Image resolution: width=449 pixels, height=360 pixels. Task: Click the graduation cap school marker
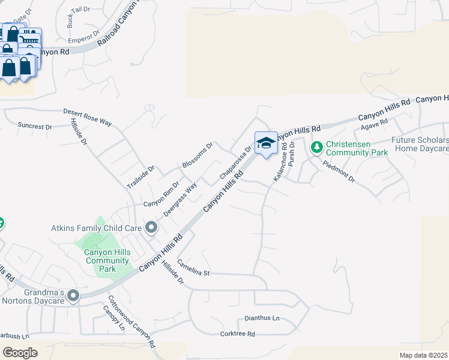266,143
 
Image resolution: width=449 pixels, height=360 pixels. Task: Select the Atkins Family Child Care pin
151,227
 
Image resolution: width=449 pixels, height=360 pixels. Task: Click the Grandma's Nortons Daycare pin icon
73,295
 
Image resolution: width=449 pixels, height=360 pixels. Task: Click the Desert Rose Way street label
88,117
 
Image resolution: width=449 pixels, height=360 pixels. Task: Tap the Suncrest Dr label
35,127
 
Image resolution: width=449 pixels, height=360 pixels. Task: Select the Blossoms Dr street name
197,155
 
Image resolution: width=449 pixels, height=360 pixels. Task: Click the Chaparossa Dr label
235,161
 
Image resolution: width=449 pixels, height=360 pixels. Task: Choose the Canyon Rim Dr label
161,194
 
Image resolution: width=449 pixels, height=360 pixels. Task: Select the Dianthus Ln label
262,318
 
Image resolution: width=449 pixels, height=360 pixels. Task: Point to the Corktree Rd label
238,334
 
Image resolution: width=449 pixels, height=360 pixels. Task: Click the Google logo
20,352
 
